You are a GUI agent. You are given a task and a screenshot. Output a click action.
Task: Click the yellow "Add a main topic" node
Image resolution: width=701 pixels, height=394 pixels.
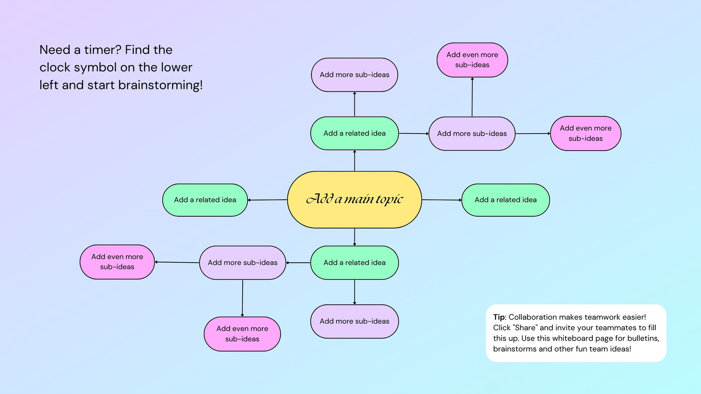pos(354,200)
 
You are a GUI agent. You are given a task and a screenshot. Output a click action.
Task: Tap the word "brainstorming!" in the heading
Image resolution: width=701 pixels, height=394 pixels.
pos(160,85)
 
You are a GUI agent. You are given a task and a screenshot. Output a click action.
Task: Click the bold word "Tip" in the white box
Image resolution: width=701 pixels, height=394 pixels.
pos(499,317)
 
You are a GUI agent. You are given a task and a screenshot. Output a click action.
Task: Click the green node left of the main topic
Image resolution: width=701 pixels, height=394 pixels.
pos(205,200)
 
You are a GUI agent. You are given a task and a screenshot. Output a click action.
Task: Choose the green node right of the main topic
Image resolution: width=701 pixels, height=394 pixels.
pos(506,200)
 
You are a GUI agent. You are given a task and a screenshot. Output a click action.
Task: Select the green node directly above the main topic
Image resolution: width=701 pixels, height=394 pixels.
pos(354,133)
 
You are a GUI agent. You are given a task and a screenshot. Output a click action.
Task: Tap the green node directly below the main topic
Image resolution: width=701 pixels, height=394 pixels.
pos(354,263)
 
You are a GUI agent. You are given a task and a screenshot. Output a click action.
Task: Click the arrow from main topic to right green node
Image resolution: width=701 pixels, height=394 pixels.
pos(442,200)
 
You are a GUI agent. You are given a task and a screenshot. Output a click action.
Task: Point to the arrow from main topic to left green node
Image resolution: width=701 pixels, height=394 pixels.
pos(268,200)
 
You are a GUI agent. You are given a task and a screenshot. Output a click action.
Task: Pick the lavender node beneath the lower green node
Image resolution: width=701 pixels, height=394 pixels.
pos(354,321)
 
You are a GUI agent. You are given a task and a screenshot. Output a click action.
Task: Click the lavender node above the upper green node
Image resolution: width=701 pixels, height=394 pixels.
pos(354,75)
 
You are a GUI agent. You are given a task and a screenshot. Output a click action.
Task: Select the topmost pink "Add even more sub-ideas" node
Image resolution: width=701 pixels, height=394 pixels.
pos(472,60)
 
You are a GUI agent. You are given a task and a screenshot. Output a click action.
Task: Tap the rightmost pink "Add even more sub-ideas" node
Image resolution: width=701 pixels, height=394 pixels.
pos(585,134)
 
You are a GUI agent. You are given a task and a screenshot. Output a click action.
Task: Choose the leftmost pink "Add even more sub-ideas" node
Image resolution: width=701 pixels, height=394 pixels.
pos(117,262)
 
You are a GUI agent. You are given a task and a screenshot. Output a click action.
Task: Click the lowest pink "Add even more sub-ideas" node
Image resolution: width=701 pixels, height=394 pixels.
pos(242,334)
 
